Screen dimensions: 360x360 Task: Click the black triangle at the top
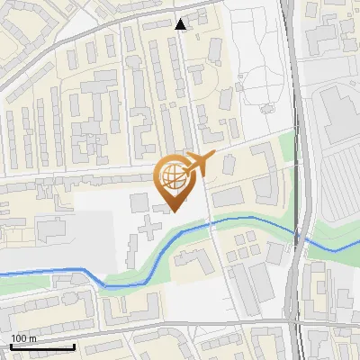tap(181, 25)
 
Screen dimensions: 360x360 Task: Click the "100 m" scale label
tap(23, 338)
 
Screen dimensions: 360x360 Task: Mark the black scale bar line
tap(41, 346)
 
